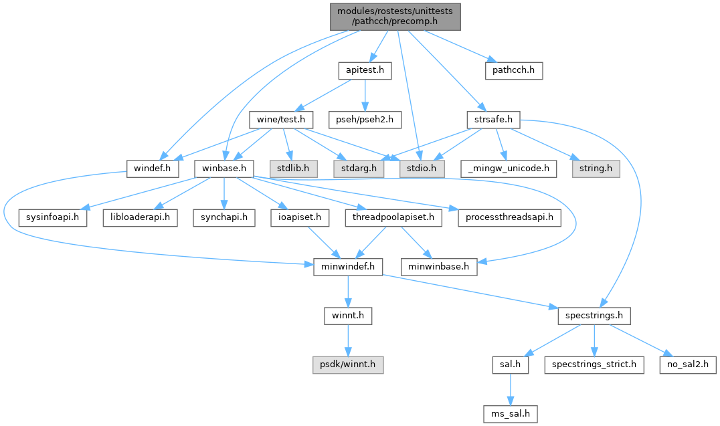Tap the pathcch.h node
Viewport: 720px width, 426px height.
pyautogui.click(x=513, y=70)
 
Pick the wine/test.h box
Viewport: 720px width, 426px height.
pyautogui.click(x=281, y=120)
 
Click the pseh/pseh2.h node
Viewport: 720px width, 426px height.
pyautogui.click(x=365, y=120)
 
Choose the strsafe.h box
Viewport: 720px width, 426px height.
pyautogui.click(x=493, y=120)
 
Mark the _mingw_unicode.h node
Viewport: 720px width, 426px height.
pyautogui.click(x=509, y=169)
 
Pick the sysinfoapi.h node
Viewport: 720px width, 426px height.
pyautogui.click(x=53, y=218)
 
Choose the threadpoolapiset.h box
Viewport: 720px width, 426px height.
pyautogui.click(x=393, y=218)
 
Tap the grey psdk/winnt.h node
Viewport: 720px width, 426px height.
pyautogui.click(x=347, y=365)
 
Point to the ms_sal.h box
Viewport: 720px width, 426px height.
pyautogui.click(x=511, y=414)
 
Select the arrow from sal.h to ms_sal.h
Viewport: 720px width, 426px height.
pyautogui.click(x=511, y=389)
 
